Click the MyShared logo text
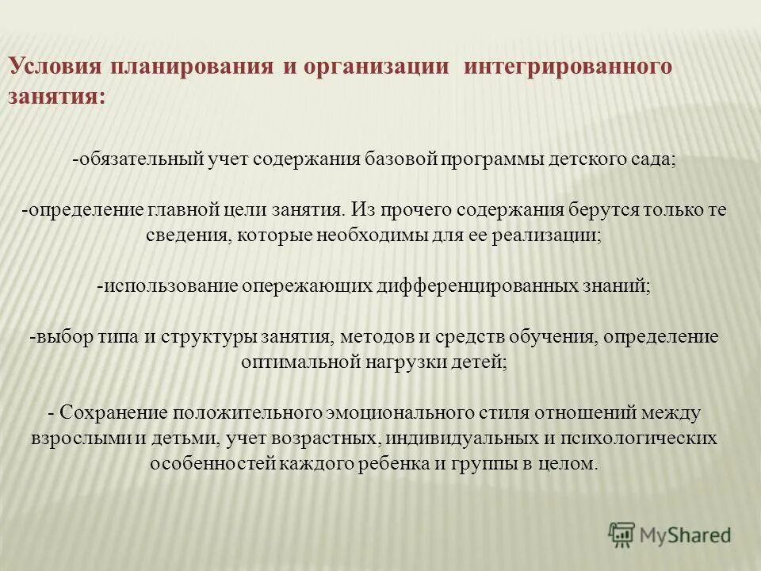coord(686,535)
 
